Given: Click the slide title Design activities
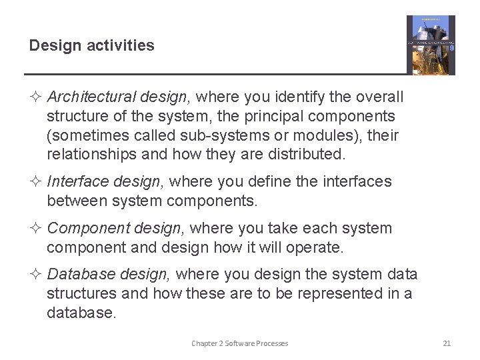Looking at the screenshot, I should tap(91, 46).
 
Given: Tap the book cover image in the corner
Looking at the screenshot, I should tap(431, 45).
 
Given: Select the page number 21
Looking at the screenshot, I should tap(447, 343).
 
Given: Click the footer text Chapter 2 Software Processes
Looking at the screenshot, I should tap(239, 343).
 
